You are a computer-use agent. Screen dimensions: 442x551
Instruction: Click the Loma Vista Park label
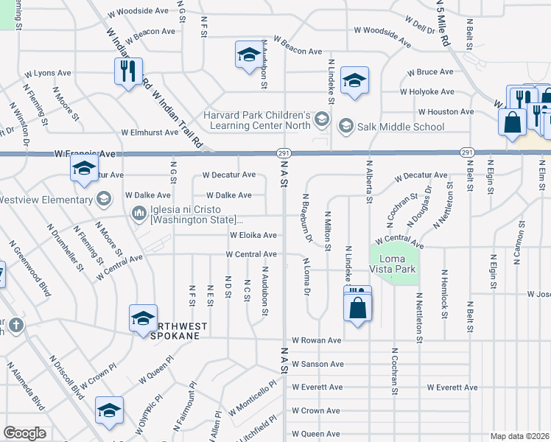tap(397, 264)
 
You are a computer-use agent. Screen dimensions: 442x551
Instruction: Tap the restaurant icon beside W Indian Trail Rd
tap(127, 71)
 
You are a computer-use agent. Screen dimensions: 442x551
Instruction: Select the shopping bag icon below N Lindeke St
tap(357, 307)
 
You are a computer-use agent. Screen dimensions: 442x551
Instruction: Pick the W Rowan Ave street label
tap(316, 340)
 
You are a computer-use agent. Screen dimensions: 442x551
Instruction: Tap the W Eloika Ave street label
tap(253, 235)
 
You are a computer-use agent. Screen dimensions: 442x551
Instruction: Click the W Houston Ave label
tap(445, 111)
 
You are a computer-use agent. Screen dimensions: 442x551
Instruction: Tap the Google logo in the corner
tap(25, 432)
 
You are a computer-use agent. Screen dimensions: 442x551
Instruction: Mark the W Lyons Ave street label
tap(47, 74)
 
